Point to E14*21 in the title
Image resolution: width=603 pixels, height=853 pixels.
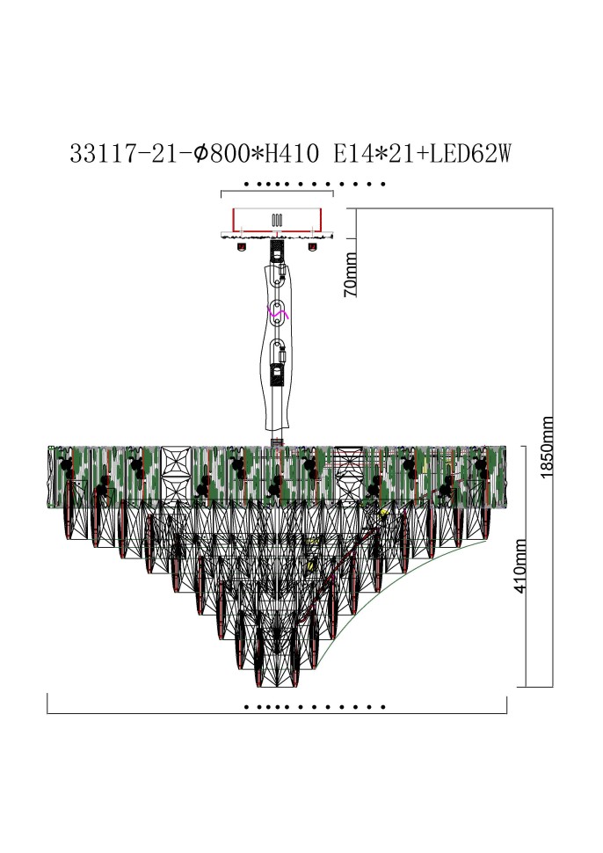pyautogui.click(x=373, y=155)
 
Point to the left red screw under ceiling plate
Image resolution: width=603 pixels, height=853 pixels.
pyautogui.click(x=240, y=246)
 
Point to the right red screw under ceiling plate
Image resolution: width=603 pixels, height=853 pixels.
pyautogui.click(x=311, y=246)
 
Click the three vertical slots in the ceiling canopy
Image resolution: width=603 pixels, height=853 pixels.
pyautogui.click(x=276, y=220)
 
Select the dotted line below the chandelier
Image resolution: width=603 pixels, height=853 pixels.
pyautogui.click(x=315, y=706)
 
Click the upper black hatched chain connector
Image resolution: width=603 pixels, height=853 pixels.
pyautogui.click(x=277, y=250)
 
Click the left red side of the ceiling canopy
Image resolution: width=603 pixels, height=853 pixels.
pyautogui.click(x=232, y=218)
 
